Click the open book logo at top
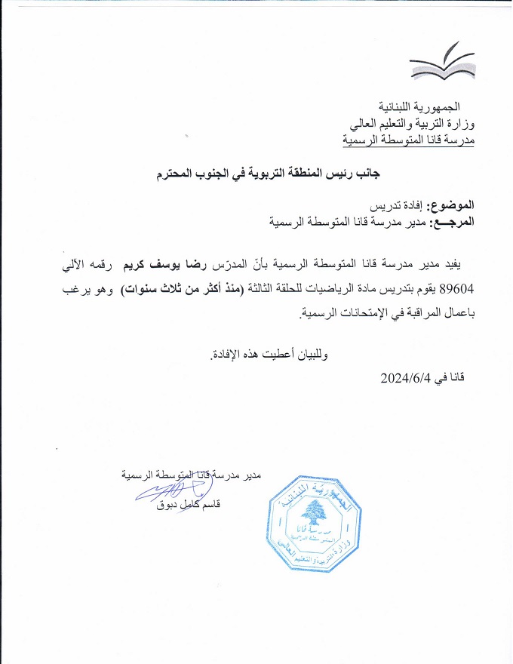pyautogui.click(x=443, y=63)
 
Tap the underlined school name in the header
pyautogui.click(x=407, y=139)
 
